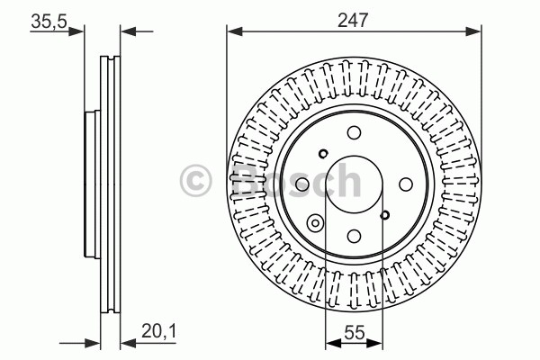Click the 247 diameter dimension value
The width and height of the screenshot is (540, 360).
(x=353, y=20)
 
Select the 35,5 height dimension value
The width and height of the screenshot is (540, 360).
(x=49, y=22)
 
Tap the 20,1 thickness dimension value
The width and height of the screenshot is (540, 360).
(x=158, y=331)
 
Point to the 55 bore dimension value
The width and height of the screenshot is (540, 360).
(x=355, y=332)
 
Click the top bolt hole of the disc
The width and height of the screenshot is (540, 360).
(x=354, y=132)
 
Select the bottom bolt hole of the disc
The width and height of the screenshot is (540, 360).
(x=354, y=236)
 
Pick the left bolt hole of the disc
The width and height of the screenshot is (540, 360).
(x=302, y=184)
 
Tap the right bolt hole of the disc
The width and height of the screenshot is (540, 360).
(x=406, y=184)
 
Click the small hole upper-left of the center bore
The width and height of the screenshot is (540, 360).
(x=323, y=154)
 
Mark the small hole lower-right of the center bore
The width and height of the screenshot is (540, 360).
(x=385, y=215)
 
